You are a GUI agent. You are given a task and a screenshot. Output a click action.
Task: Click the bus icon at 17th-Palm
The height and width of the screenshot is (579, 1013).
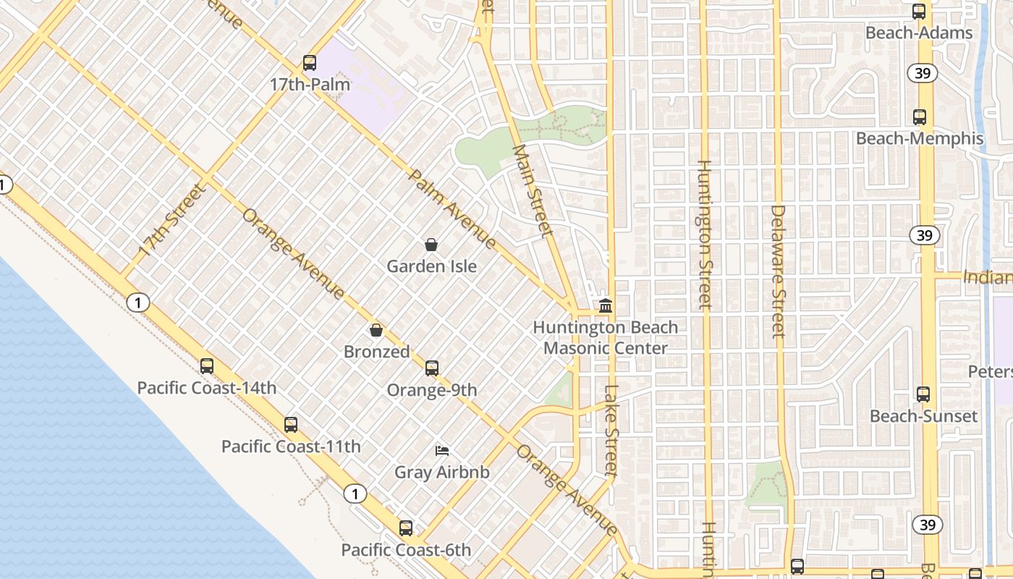coord(310,63)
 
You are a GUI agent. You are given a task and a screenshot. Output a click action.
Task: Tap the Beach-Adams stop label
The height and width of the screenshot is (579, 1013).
coord(919,33)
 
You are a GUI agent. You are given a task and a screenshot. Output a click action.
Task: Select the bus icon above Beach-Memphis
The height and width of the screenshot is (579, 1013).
coord(919,117)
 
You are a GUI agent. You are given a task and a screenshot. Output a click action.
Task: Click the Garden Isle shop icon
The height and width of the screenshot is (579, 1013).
coord(431,245)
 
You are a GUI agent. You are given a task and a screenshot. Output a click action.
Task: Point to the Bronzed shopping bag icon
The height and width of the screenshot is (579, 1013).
coord(376,330)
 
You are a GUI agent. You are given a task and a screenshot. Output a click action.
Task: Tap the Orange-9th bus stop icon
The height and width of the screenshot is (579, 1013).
coord(432,368)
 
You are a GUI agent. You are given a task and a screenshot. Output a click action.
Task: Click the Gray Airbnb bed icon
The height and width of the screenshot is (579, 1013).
coord(442,451)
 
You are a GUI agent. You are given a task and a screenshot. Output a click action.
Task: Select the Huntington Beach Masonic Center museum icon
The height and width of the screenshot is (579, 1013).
coord(606,306)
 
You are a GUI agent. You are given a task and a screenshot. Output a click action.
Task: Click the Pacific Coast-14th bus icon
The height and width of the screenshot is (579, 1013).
coord(207,366)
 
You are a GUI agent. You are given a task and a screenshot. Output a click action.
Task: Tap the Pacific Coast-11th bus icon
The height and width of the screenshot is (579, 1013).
coord(291,425)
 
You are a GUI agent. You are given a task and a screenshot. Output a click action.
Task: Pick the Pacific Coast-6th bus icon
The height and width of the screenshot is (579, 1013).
coord(406,528)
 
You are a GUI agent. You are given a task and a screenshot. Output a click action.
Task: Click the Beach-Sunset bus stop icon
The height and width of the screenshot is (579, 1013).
coord(923,394)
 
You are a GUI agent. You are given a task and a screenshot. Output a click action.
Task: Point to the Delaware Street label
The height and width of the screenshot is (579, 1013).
coord(778,271)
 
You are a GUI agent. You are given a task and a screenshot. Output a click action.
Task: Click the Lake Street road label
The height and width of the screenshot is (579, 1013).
coord(612,431)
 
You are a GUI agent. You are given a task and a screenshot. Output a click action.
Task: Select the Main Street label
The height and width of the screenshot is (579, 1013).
coord(533,191)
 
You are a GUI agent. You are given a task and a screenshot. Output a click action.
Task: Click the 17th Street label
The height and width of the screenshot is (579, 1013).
coord(171,221)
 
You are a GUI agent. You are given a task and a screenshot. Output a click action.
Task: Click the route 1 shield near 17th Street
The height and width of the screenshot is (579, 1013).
coord(137,303)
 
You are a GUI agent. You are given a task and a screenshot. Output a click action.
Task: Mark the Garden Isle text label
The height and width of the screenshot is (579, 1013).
coord(431,266)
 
